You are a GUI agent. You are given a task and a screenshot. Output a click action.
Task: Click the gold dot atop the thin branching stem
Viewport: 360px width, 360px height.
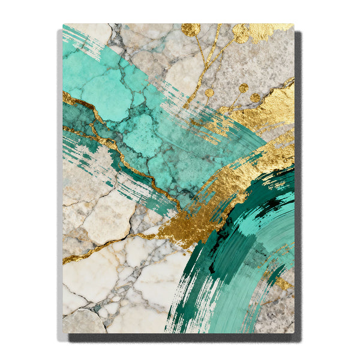pos(191,30)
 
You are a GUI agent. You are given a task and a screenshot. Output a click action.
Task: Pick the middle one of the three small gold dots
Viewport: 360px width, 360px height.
pos(243,88)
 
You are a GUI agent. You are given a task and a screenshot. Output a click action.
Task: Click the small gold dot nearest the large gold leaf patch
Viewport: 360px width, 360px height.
pos(256,97)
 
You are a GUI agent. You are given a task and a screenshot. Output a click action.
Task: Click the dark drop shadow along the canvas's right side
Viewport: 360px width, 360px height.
pos(298,180)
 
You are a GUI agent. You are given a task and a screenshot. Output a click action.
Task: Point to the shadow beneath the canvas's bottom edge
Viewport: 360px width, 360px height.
pos(180,338)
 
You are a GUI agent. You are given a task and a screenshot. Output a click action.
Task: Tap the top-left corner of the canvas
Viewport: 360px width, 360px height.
pos(63,25)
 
